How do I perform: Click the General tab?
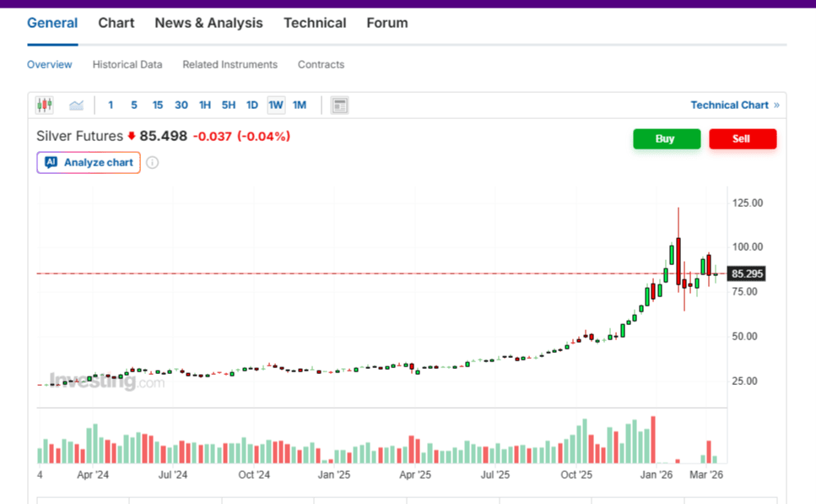52,23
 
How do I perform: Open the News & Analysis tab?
208,23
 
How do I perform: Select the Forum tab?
387,23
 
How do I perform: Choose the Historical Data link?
127,64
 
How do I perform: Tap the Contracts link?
321,64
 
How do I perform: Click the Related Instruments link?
230,64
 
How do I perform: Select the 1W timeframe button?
276,105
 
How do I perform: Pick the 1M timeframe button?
300,105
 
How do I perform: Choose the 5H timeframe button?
229,105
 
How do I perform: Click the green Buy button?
667,138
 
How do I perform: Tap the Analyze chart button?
89,162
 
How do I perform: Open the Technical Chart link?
730,105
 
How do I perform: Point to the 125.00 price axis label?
748,203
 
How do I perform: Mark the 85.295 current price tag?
748,274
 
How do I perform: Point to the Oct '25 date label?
577,475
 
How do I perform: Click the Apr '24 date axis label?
93,475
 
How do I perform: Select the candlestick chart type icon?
44,105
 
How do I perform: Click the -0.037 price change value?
212,136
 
